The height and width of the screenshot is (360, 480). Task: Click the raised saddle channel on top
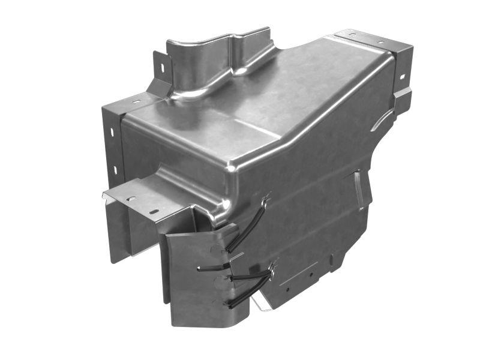216,60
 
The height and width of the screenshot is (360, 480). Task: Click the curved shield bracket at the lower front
192,276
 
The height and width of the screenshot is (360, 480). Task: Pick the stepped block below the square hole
401,98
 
